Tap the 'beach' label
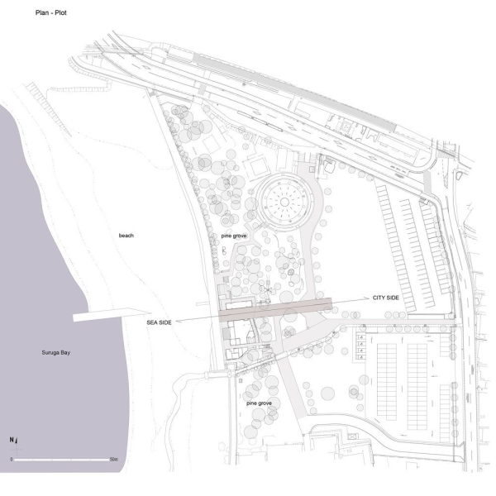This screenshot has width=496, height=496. [126, 236]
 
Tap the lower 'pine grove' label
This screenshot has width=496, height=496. [260, 403]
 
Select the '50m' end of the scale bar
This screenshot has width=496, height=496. [115, 458]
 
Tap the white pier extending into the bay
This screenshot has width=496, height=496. [99, 317]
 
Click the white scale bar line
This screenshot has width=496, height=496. [63, 458]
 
